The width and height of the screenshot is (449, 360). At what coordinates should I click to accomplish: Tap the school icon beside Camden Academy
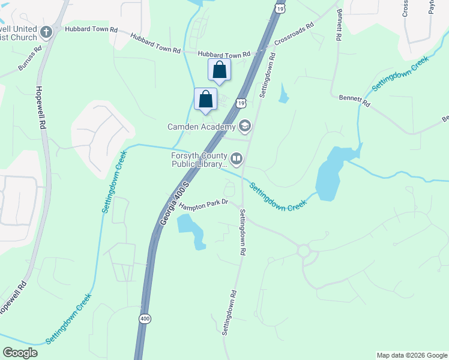pyautogui.click(x=244, y=126)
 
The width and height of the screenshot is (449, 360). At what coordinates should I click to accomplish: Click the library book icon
pyautogui.click(x=237, y=158)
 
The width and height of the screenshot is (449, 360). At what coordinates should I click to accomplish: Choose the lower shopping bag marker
pyautogui.click(x=205, y=100)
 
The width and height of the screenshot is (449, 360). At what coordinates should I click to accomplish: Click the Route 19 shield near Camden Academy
pyautogui.click(x=241, y=103)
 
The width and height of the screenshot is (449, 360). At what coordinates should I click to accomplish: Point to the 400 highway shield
pyautogui.click(x=144, y=319)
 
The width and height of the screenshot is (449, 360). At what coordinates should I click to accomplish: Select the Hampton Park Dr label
pyautogui.click(x=203, y=203)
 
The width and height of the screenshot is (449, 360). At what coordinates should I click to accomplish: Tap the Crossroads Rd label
pyautogui.click(x=294, y=35)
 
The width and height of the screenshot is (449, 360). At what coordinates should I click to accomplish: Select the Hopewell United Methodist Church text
pyautogui.click(x=19, y=33)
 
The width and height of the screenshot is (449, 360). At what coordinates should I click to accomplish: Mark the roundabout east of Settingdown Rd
pyautogui.click(x=303, y=250)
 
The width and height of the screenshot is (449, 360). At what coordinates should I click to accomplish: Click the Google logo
pyautogui.click(x=20, y=353)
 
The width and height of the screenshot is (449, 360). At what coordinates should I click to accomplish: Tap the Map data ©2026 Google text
pyautogui.click(x=411, y=355)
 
